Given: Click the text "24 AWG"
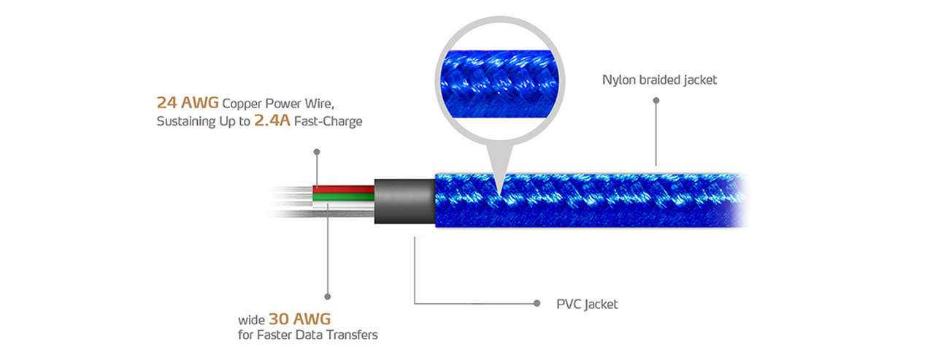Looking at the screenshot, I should [188, 102].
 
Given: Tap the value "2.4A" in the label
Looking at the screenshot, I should [272, 121].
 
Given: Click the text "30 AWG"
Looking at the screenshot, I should [300, 319].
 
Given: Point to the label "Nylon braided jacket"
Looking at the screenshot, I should [659, 80].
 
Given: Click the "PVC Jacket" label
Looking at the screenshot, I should [587, 304].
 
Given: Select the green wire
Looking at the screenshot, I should [343, 197].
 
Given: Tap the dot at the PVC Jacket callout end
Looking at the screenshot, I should [537, 303].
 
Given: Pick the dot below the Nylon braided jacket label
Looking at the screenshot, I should [656, 102].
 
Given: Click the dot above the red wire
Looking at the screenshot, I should [316, 152].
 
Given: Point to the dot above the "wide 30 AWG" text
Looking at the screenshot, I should [328, 297].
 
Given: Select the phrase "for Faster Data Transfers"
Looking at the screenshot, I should [307, 336].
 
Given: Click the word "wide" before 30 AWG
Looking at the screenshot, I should [251, 321].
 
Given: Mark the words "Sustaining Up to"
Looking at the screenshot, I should [203, 122].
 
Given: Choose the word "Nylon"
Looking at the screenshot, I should [617, 80].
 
